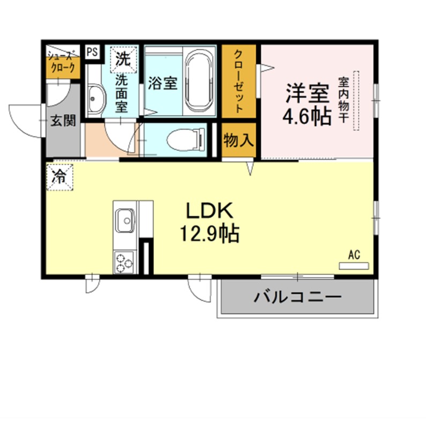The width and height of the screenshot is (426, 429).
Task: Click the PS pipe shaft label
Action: click(92, 52)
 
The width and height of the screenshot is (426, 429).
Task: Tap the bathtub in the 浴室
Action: click(199, 82)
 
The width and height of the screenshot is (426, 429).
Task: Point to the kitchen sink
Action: click(125, 220)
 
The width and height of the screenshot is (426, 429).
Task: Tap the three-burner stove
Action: click(124, 262)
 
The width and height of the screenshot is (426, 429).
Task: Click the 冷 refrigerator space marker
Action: click(59, 177)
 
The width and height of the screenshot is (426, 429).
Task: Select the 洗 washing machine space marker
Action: click(123, 60)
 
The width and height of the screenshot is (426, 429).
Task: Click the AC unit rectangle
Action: click(354, 265)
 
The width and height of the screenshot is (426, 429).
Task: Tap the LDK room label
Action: click(210, 211)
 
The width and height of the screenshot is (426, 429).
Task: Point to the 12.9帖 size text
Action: click(210, 234)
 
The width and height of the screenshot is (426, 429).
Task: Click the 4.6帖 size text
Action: click(307, 116)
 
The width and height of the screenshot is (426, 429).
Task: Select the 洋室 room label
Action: click(308, 93)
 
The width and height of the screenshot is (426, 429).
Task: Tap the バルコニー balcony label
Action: click(298, 297)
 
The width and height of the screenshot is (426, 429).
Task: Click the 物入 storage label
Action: click(238, 140)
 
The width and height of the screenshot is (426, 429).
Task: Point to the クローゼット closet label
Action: click(238, 82)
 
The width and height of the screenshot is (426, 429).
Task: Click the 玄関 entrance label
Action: click(63, 120)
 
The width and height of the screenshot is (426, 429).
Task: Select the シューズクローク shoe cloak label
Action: click(62, 62)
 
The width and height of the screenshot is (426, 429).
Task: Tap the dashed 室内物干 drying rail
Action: click(356, 101)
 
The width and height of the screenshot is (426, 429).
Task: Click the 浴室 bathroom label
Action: click(163, 83)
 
